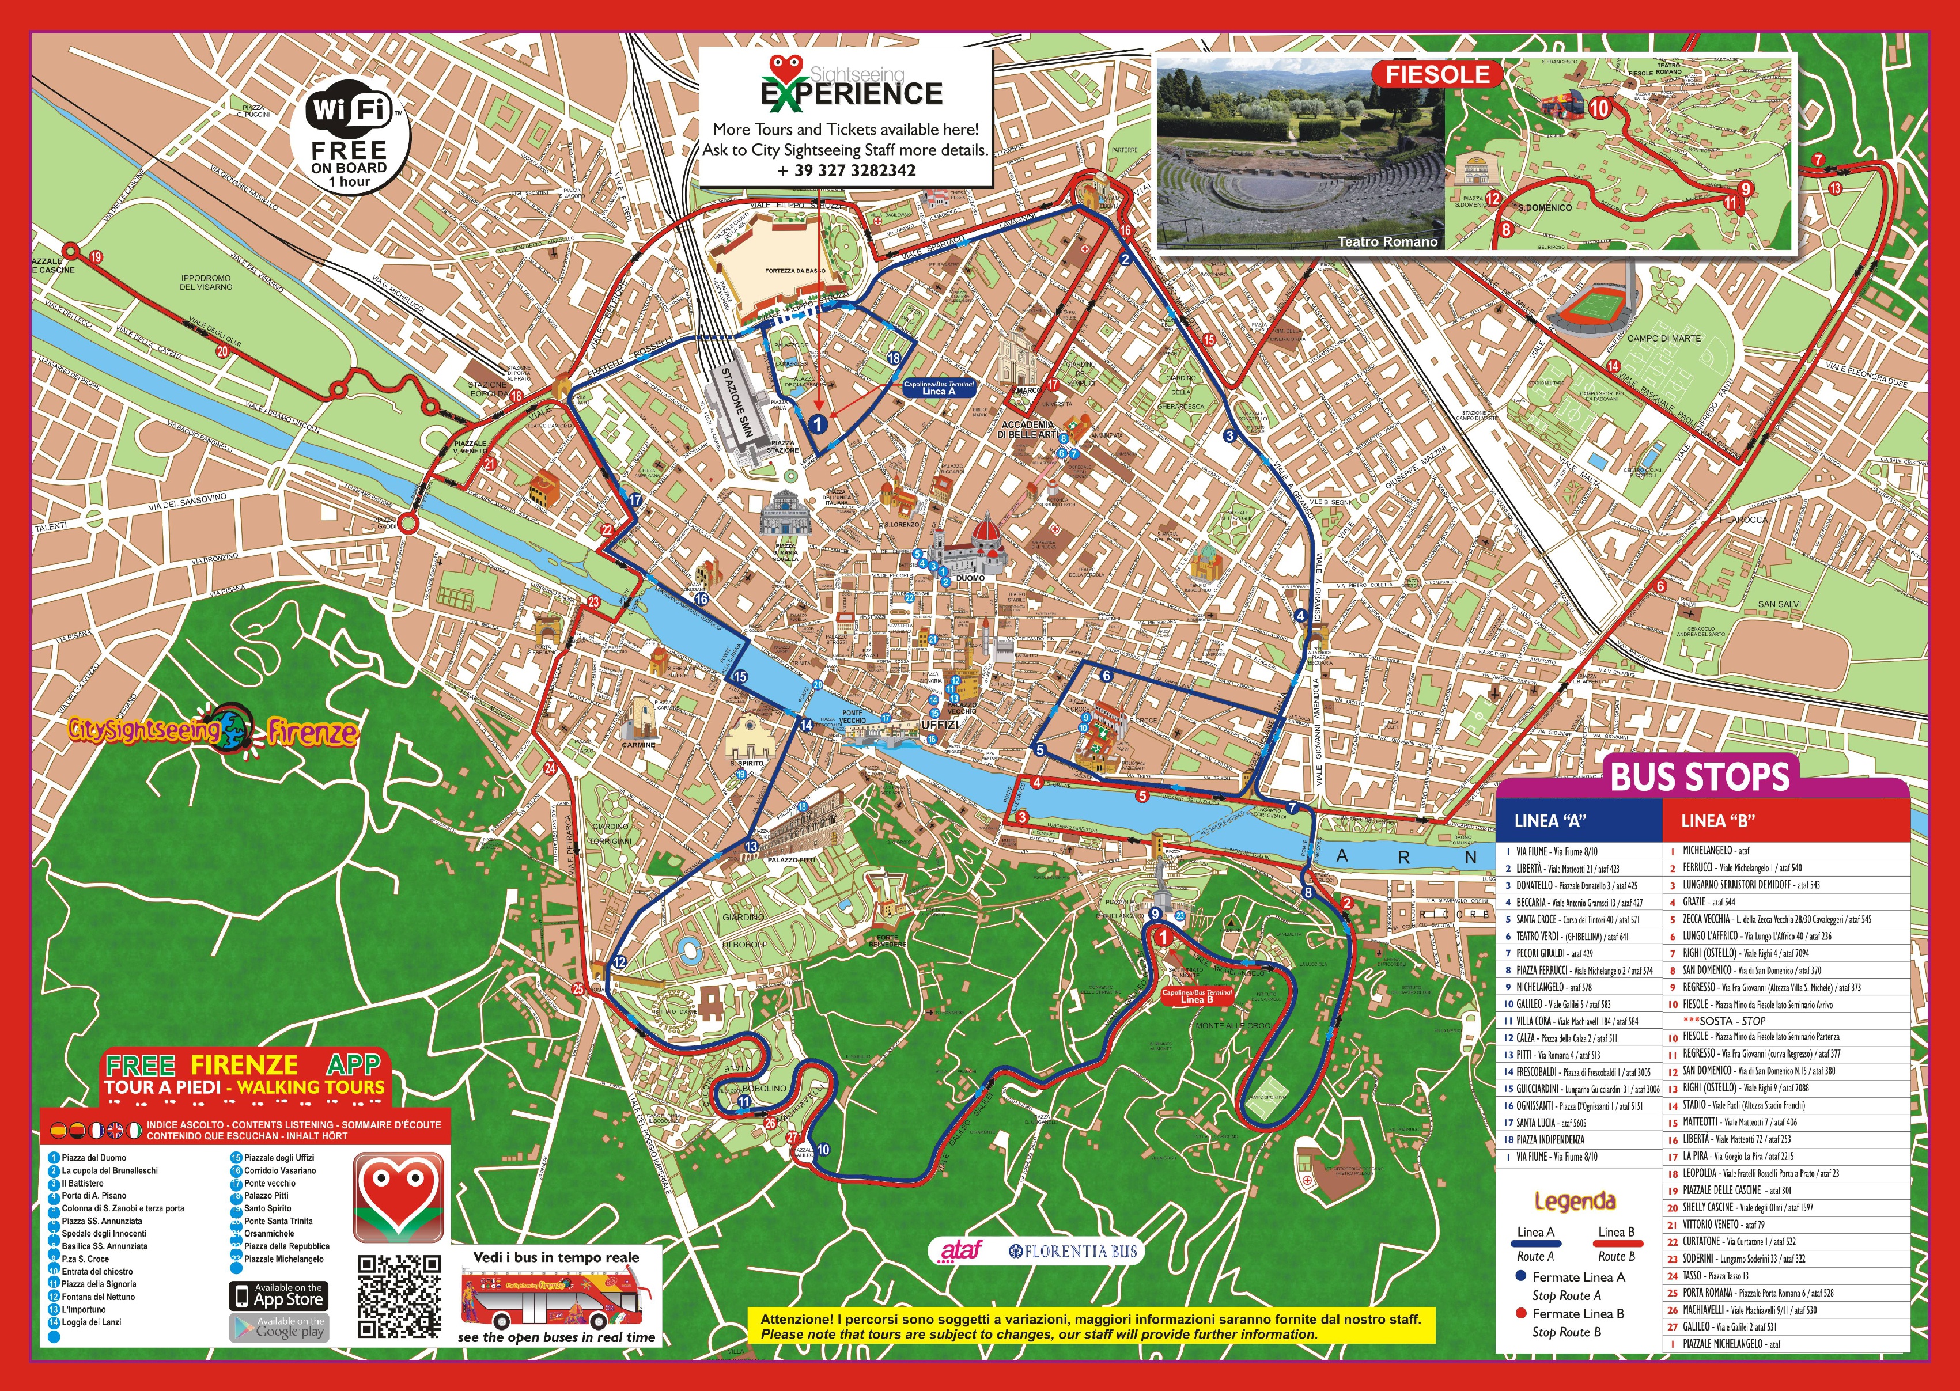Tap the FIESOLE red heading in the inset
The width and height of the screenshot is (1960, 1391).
(x=1437, y=74)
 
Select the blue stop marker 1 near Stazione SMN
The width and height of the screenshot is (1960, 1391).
(x=818, y=423)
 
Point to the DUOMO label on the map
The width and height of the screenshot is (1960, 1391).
(x=971, y=578)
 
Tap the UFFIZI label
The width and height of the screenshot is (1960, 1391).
(x=939, y=725)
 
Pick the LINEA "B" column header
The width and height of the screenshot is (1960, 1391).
(x=1717, y=821)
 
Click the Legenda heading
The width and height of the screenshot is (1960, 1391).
(x=1575, y=1201)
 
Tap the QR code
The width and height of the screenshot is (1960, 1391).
(x=399, y=1296)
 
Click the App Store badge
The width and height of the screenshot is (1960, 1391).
(x=278, y=1295)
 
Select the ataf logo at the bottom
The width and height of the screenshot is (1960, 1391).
(x=960, y=1252)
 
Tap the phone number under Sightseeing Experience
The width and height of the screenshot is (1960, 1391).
(x=846, y=169)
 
